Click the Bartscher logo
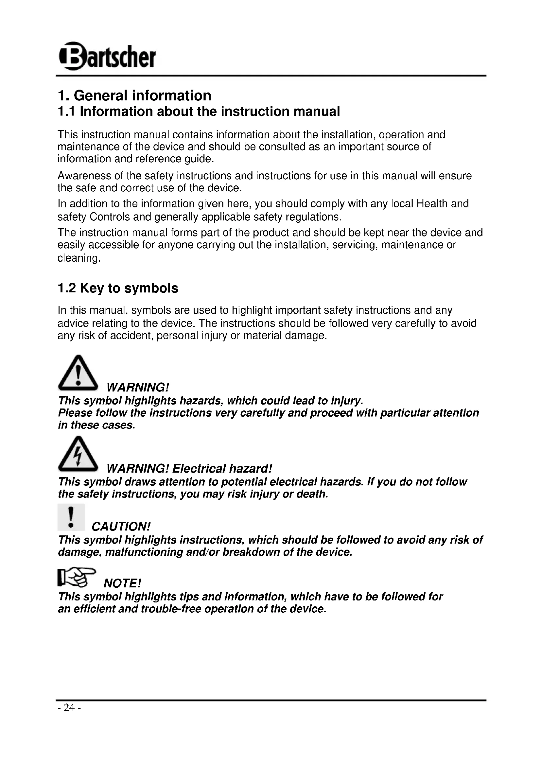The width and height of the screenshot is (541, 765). point(107,56)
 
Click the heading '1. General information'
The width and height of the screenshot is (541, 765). point(134,96)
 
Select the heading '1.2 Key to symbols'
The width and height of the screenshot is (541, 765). point(118,288)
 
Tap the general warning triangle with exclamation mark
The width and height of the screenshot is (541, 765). point(78,373)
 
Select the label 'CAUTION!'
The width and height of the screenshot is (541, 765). point(121,527)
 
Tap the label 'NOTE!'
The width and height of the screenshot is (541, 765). point(122,583)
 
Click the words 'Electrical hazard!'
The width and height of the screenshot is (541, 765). point(222,469)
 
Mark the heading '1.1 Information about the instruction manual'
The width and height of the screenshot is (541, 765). point(199,111)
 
